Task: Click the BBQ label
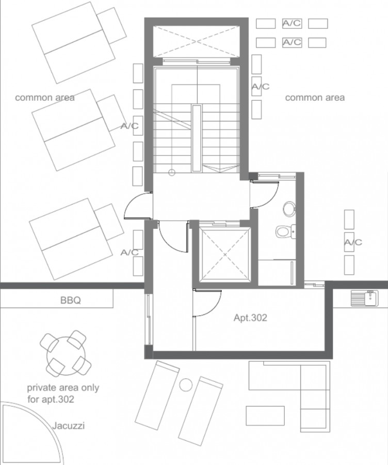(x=71, y=300)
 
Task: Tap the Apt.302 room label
(x=250, y=318)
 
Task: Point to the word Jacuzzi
(x=69, y=426)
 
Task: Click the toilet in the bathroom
(x=285, y=231)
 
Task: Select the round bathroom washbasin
(x=289, y=209)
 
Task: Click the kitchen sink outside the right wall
(x=365, y=298)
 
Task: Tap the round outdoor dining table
(x=66, y=353)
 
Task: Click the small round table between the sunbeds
(x=186, y=384)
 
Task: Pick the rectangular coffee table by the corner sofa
(x=265, y=416)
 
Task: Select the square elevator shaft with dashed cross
(x=225, y=255)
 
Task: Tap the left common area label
(x=45, y=98)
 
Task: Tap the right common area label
(x=315, y=98)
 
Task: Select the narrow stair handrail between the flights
(x=197, y=138)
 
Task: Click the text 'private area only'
(x=63, y=388)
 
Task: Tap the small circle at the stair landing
(x=172, y=172)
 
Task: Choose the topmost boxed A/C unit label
(x=292, y=23)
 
